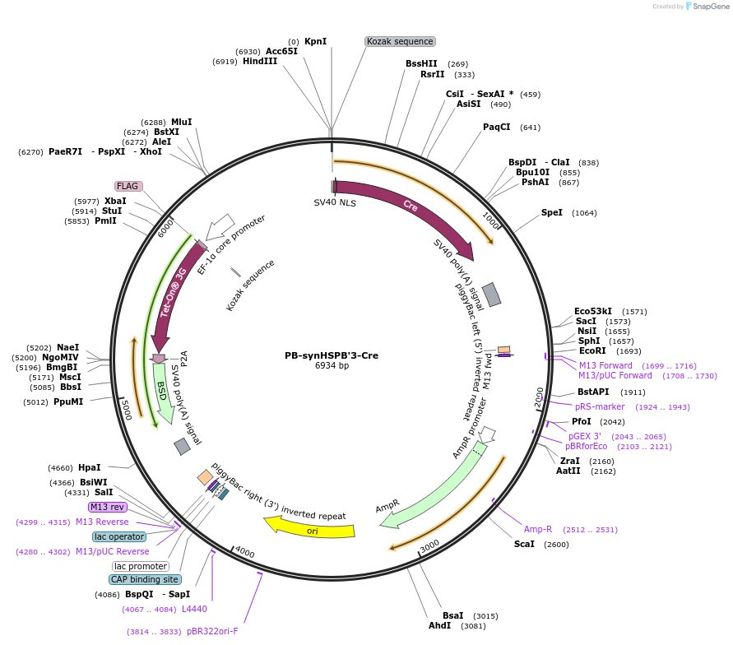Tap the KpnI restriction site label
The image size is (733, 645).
point(315,41)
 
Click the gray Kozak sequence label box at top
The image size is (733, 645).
point(400,41)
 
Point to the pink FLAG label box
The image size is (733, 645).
point(128,186)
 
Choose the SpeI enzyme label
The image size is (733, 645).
point(551,212)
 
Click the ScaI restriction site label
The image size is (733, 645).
point(523,544)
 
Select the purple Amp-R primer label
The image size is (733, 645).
point(538,529)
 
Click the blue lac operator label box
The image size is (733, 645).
point(119,536)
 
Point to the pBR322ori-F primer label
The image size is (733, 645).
point(212,631)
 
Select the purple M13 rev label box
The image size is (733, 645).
point(107,507)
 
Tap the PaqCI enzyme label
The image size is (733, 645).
point(496,127)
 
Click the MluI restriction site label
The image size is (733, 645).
point(181,122)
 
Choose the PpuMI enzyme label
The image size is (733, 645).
point(68,402)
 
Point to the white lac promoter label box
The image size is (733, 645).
point(141,566)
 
